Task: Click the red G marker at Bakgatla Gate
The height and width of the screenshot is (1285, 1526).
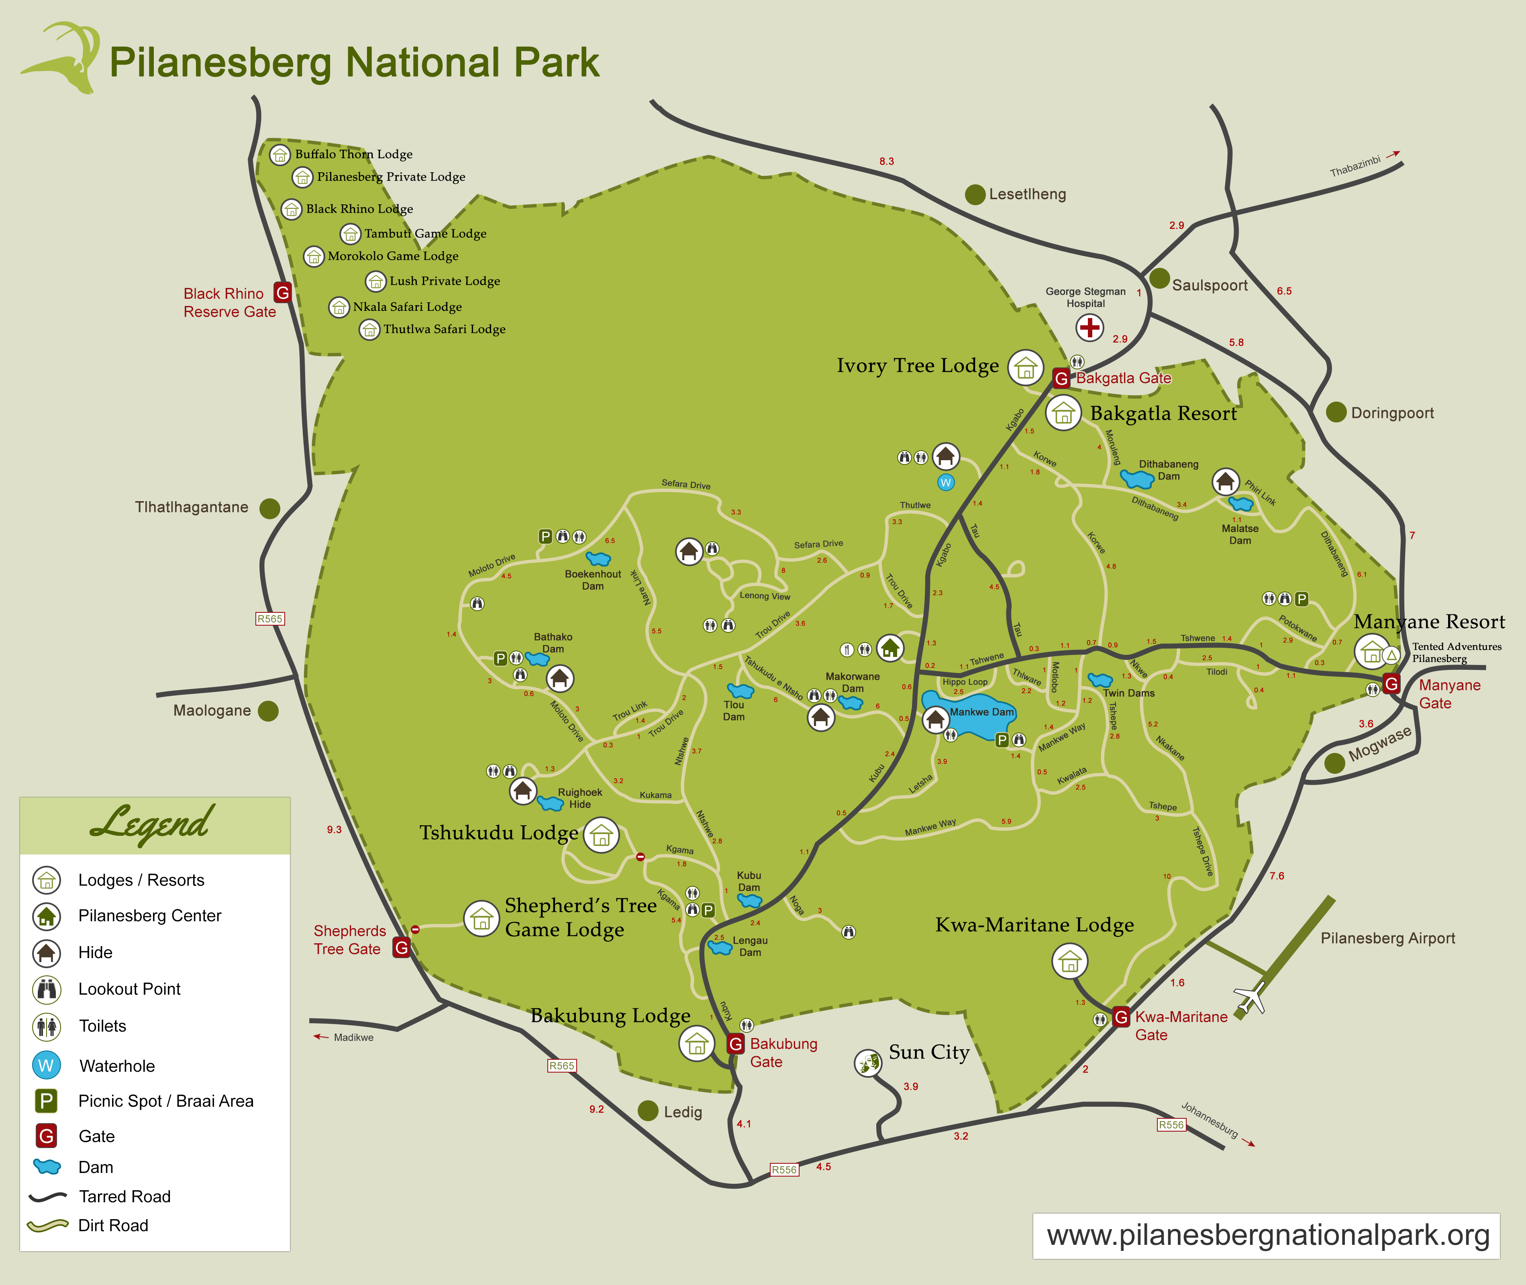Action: tap(1061, 378)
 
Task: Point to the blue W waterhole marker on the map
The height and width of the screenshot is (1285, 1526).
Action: tap(945, 482)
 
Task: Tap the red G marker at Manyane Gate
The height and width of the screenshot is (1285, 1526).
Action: tap(1391, 683)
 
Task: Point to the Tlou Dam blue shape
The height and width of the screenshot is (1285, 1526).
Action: tap(740, 690)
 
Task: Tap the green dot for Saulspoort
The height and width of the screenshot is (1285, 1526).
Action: tap(1160, 278)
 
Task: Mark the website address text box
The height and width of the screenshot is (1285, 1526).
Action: tap(1266, 1236)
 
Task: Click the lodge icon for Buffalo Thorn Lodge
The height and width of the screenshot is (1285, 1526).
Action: tap(280, 155)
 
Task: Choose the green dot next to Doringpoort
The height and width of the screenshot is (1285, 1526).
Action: tap(1336, 412)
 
